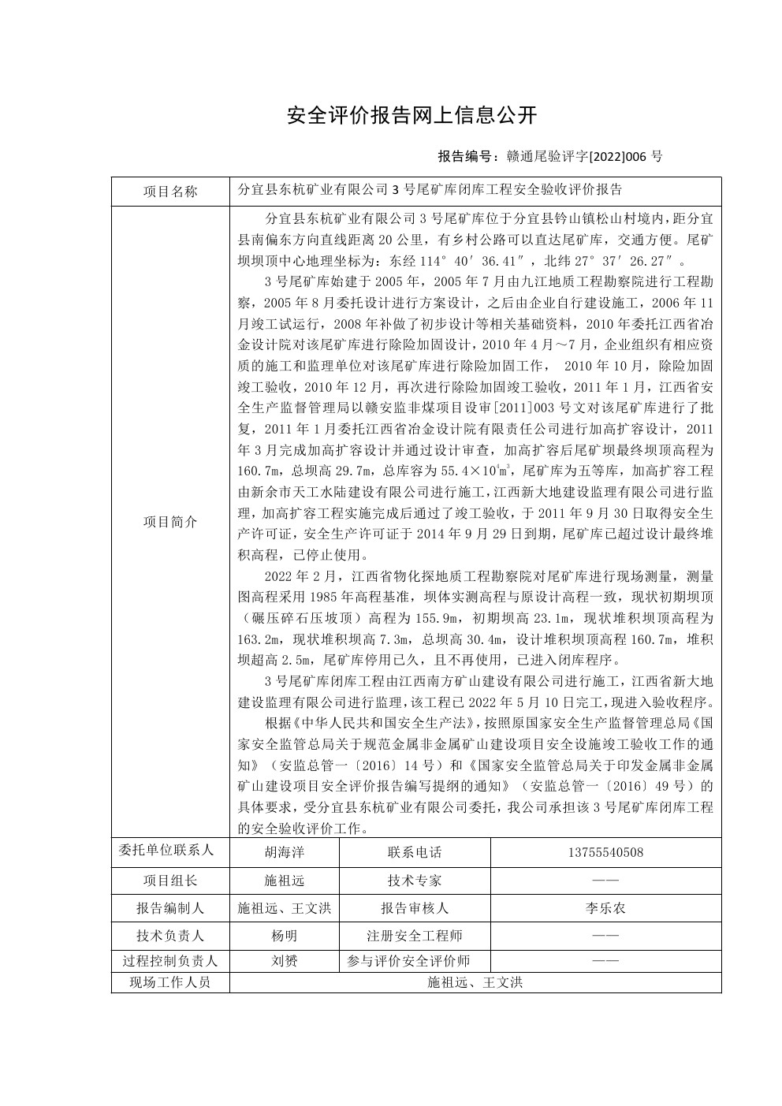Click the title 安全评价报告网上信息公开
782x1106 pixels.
tap(412, 115)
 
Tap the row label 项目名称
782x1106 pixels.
tap(170, 192)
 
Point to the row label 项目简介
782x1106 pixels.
tap(170, 522)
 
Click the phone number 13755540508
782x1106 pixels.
tap(605, 852)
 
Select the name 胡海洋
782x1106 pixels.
tap(284, 852)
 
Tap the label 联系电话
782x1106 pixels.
tap(415, 852)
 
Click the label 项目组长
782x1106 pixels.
tap(170, 881)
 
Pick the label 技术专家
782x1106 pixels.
tap(415, 881)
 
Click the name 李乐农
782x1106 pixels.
tap(605, 908)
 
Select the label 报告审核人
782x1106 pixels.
tap(415, 908)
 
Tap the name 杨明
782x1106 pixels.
tap(284, 936)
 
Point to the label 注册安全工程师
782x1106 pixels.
tap(415, 936)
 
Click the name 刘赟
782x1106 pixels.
tap(284, 961)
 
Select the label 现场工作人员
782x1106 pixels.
tap(170, 982)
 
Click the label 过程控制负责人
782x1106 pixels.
tap(170, 961)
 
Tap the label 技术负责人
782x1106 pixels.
tap(170, 936)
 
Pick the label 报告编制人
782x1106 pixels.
tap(170, 908)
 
